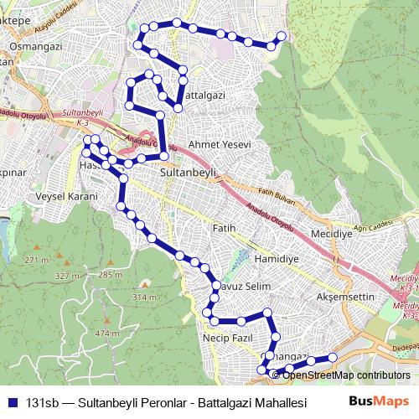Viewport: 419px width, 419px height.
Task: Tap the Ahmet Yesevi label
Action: (x=220, y=144)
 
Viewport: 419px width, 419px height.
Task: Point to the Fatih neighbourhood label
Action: (x=225, y=228)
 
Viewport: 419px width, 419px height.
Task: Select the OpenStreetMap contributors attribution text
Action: (x=346, y=375)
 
